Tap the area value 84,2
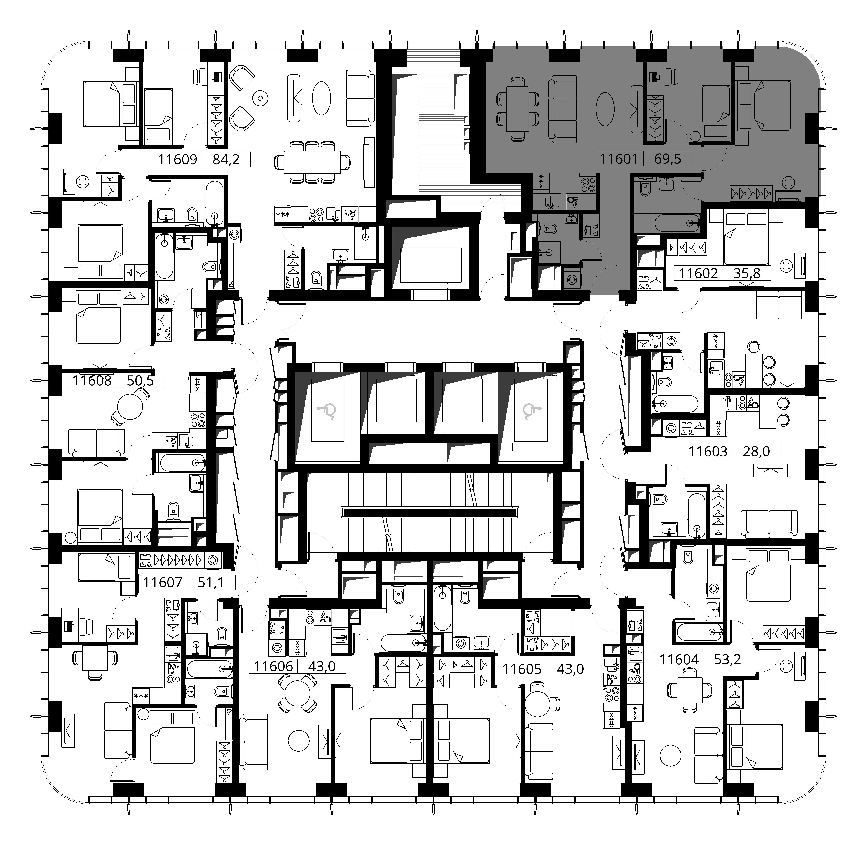(x=226, y=159)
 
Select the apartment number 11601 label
(x=619, y=158)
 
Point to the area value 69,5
(x=667, y=158)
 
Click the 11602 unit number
(x=698, y=273)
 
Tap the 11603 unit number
(x=708, y=451)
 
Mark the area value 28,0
(x=757, y=451)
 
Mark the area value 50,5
(x=141, y=380)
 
